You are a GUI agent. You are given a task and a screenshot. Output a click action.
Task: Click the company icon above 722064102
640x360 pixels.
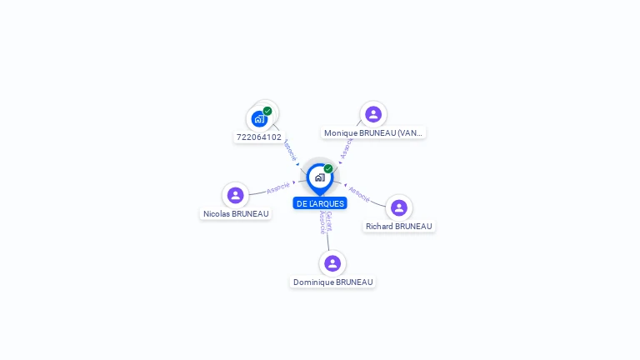pyautogui.click(x=259, y=119)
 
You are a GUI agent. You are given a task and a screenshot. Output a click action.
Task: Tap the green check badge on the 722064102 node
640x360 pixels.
pyautogui.click(x=267, y=111)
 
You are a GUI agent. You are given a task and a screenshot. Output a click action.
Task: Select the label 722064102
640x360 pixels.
pyautogui.click(x=259, y=137)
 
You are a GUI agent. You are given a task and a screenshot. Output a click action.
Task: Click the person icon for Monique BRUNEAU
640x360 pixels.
pyautogui.click(x=373, y=114)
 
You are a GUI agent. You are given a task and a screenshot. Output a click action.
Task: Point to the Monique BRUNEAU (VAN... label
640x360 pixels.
pyautogui.click(x=373, y=132)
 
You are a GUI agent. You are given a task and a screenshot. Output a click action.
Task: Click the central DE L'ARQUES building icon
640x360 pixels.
pyautogui.click(x=319, y=177)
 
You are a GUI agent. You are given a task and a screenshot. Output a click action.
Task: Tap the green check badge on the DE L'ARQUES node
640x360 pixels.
pyautogui.click(x=328, y=168)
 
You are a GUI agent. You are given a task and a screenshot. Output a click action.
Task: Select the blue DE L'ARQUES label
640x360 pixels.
pyautogui.click(x=320, y=203)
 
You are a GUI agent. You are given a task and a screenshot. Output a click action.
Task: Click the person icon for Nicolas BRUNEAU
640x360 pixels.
pyautogui.click(x=236, y=195)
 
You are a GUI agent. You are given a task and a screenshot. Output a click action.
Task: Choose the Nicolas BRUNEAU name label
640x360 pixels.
pyautogui.click(x=236, y=214)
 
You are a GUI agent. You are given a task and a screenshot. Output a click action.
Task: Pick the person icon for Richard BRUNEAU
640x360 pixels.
pyautogui.click(x=399, y=207)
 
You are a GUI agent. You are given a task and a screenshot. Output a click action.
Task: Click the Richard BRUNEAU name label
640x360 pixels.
pyautogui.click(x=399, y=227)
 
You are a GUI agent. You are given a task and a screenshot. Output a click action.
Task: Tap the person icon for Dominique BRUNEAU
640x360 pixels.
pyautogui.click(x=332, y=263)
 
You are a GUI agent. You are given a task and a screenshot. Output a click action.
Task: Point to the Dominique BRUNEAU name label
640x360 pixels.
pyautogui.click(x=332, y=282)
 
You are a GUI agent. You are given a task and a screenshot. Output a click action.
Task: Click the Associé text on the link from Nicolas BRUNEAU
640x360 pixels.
pyautogui.click(x=278, y=188)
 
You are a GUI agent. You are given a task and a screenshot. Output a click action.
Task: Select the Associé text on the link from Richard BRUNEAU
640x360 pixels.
pyautogui.click(x=359, y=194)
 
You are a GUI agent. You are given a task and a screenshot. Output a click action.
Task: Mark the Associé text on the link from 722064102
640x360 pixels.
pyautogui.click(x=289, y=150)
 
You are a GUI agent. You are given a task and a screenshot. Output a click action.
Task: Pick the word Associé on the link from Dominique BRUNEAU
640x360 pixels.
pyautogui.click(x=322, y=222)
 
